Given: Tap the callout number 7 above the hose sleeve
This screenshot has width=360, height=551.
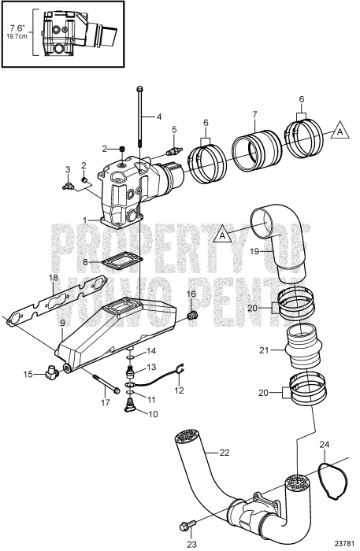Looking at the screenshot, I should point(254,115).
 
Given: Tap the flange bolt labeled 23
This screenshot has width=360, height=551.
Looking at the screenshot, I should point(190,524).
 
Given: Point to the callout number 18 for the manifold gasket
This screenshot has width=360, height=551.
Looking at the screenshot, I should point(52,278).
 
